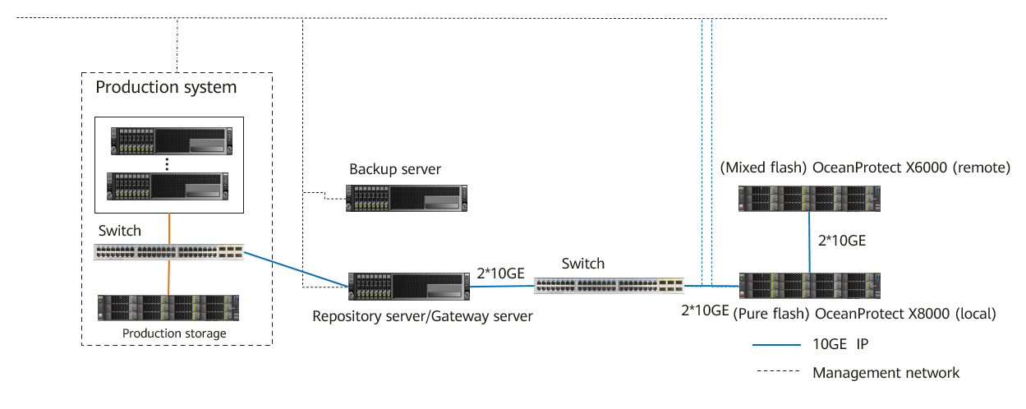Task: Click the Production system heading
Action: pyautogui.click(x=166, y=87)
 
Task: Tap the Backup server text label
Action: pyautogui.click(x=395, y=170)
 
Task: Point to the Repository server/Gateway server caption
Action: pyautogui.click(x=422, y=315)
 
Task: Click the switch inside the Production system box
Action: pyautogui.click(x=168, y=252)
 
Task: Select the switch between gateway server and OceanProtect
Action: pyautogui.click(x=610, y=286)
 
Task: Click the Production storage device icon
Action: pyautogui.click(x=168, y=307)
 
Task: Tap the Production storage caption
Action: pyautogui.click(x=174, y=333)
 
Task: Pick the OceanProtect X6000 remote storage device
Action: pyautogui.click(x=809, y=198)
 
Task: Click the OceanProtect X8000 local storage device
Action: pyautogui.click(x=810, y=285)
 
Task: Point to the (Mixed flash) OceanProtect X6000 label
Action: pyautogui.click(x=864, y=168)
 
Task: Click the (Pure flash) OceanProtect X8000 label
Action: pyautogui.click(x=863, y=314)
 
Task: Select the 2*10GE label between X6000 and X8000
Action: pyautogui.click(x=840, y=241)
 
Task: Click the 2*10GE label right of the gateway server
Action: pyautogui.click(x=500, y=273)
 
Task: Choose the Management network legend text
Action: pyautogui.click(x=886, y=373)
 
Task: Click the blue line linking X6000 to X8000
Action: pyautogui.click(x=810, y=242)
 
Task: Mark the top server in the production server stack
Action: pyautogui.click(x=168, y=140)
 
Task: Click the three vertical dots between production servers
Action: pyautogui.click(x=168, y=163)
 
